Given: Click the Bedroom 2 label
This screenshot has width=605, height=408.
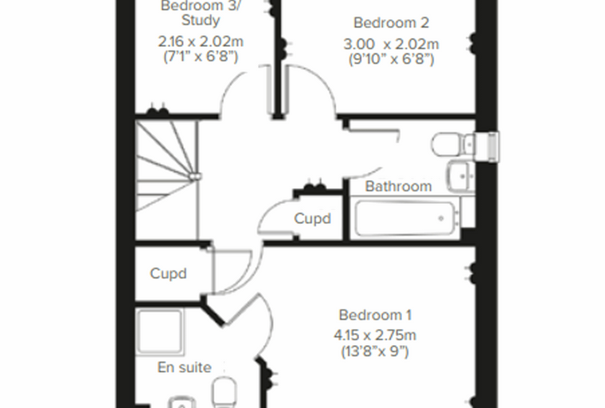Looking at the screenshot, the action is coord(391,23).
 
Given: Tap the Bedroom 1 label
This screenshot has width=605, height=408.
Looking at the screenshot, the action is coord(375,315).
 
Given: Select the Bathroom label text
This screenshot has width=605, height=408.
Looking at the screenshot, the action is coord(398,186).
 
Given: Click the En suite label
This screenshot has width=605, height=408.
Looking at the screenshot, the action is coord(185,367).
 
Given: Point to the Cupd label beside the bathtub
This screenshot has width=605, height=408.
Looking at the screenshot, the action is coord(313,218).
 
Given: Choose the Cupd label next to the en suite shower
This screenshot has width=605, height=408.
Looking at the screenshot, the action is coord(168,273).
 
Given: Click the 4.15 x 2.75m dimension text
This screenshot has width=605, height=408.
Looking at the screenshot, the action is coord(375,335).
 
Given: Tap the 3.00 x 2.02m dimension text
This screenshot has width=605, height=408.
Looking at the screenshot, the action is coord(391,44).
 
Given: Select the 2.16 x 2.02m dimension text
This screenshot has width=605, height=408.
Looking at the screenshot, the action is coord(201,41).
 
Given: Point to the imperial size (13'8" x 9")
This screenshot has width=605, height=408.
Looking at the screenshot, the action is coord(375,351).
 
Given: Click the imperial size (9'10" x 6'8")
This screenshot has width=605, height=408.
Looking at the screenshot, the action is coord(391,59).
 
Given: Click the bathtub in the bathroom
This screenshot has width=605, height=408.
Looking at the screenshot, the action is coord(406,218).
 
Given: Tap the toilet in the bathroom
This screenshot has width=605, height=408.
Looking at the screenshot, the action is coord(453,145).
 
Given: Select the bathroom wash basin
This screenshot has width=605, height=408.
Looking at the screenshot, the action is coord(461,177).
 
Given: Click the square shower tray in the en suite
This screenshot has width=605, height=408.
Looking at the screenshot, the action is coord(160,331).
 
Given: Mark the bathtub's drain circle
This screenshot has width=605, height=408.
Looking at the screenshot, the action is coord(441,218).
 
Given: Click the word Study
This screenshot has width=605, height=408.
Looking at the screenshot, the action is coord(201,20).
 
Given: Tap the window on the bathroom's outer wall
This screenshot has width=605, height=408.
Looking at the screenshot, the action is coord(494,147).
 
